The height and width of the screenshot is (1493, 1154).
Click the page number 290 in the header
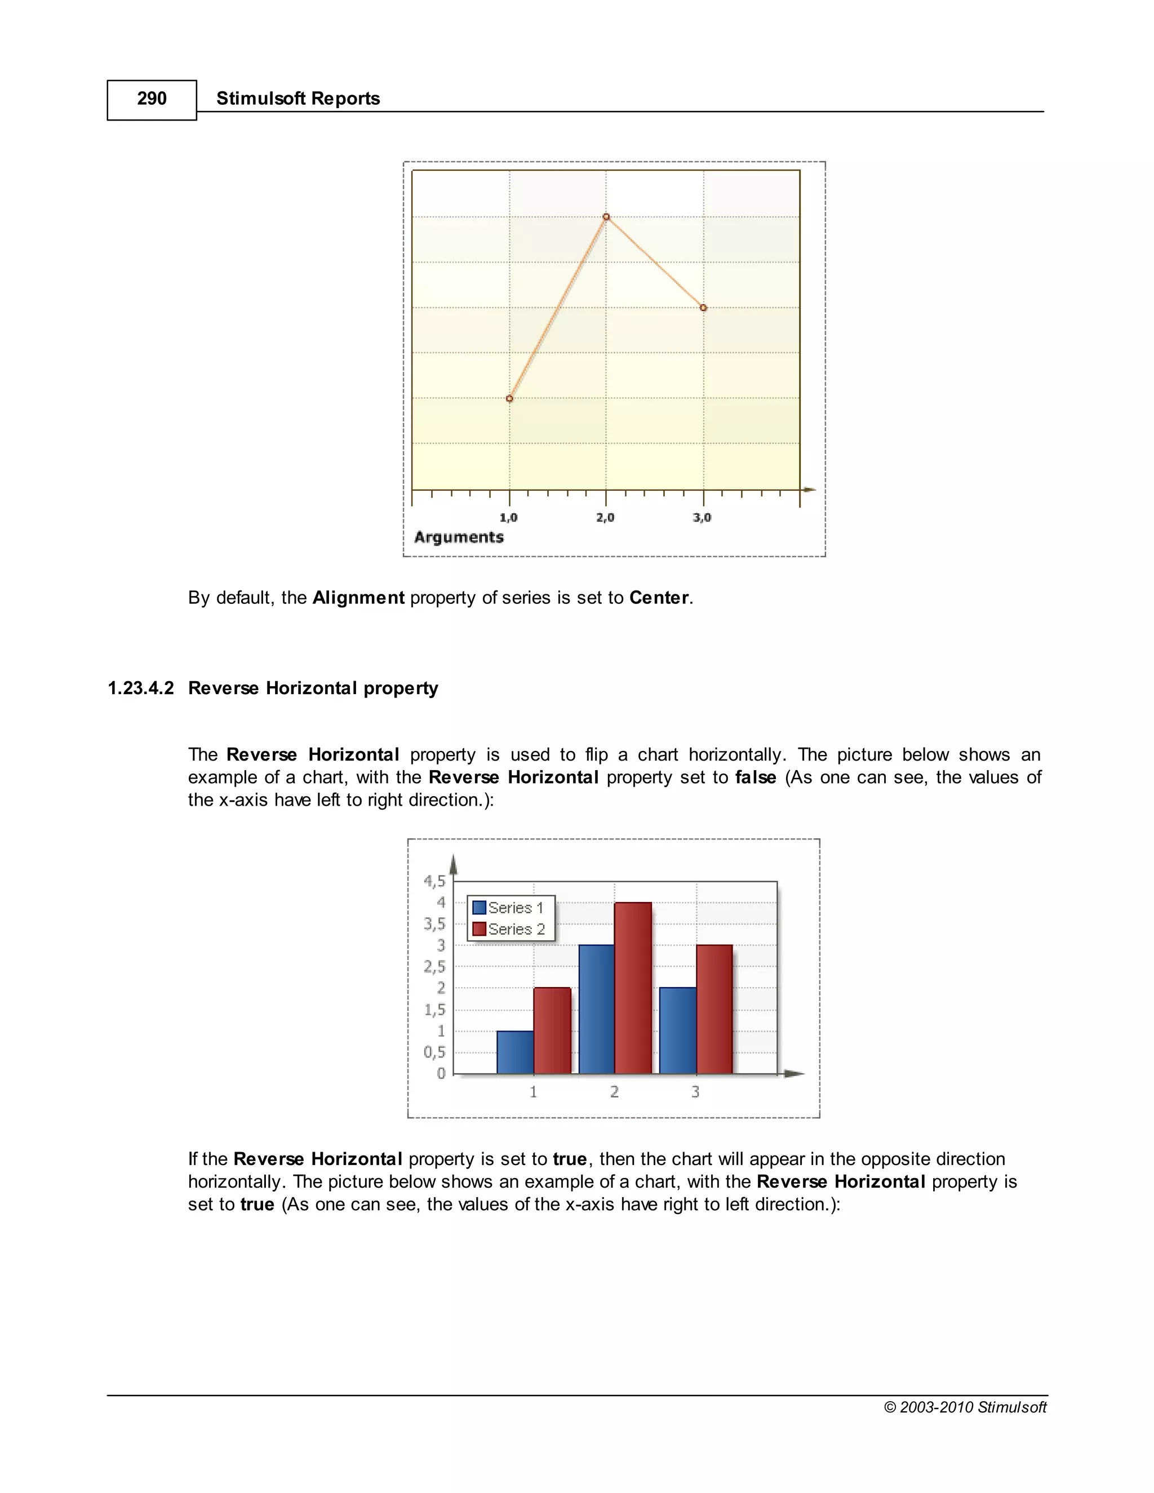(x=151, y=99)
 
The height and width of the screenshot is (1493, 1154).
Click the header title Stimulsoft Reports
(x=298, y=99)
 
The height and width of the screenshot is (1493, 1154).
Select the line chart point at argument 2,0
(x=606, y=217)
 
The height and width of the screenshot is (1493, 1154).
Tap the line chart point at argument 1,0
(x=509, y=398)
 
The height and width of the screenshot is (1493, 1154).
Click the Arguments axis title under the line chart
(x=459, y=537)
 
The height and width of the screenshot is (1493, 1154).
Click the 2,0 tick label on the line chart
(x=605, y=518)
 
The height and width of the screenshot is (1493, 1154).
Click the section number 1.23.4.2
(x=141, y=688)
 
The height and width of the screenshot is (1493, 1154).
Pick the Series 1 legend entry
(x=509, y=908)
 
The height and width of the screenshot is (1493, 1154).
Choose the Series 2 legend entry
(x=509, y=930)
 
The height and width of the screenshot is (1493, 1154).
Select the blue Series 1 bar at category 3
(x=677, y=1030)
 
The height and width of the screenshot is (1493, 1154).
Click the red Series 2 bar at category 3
(x=714, y=1009)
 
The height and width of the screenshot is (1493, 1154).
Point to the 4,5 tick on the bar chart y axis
(x=434, y=881)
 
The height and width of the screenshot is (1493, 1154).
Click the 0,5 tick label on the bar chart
(x=434, y=1052)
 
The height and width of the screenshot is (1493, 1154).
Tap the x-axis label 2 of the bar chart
(x=614, y=1092)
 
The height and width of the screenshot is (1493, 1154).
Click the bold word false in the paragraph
(x=756, y=778)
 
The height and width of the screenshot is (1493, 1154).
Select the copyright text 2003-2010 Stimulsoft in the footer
(x=965, y=1407)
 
